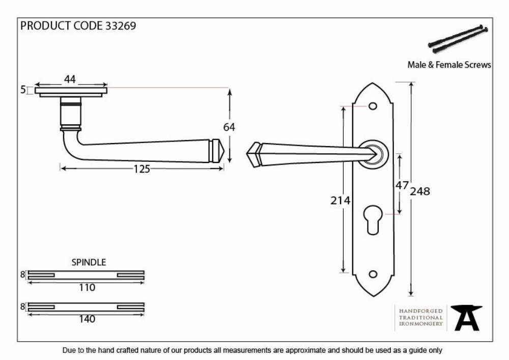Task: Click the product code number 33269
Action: tap(121, 26)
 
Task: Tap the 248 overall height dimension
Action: tap(420, 191)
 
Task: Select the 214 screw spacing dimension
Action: tap(340, 200)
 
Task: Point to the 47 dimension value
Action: tap(402, 185)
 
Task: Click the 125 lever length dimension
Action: tap(142, 169)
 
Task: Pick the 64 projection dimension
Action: tap(229, 127)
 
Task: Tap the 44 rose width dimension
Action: tap(70, 79)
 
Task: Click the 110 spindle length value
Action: tap(87, 288)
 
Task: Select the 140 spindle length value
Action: tap(87, 319)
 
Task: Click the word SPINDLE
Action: tap(89, 262)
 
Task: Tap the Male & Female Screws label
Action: tap(449, 65)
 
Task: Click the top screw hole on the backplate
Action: tap(373, 106)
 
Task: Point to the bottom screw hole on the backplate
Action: tap(373, 274)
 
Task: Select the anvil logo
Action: tap(466, 318)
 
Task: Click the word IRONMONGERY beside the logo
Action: tap(421, 324)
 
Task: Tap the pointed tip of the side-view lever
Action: tap(223, 151)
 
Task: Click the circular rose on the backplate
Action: tap(373, 154)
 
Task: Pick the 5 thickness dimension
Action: tap(23, 90)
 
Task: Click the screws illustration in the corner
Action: tap(458, 39)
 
